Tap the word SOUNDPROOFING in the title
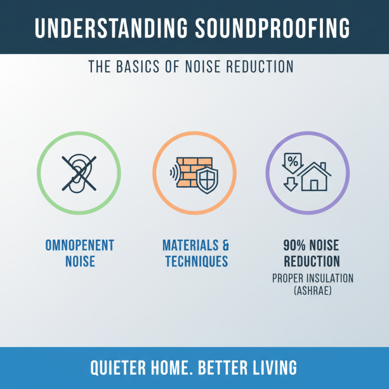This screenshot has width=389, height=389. coord(272,29)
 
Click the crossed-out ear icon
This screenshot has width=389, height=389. coord(79,173)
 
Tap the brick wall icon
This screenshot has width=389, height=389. coord(193,170)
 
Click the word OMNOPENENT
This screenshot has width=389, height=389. coord(79,245)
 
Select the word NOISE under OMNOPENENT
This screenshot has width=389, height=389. coord(79,262)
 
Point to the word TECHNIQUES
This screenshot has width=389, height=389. coord(196,262)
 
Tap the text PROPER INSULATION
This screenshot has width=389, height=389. coord(312,279)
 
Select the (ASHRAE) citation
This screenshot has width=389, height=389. coord(312,291)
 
